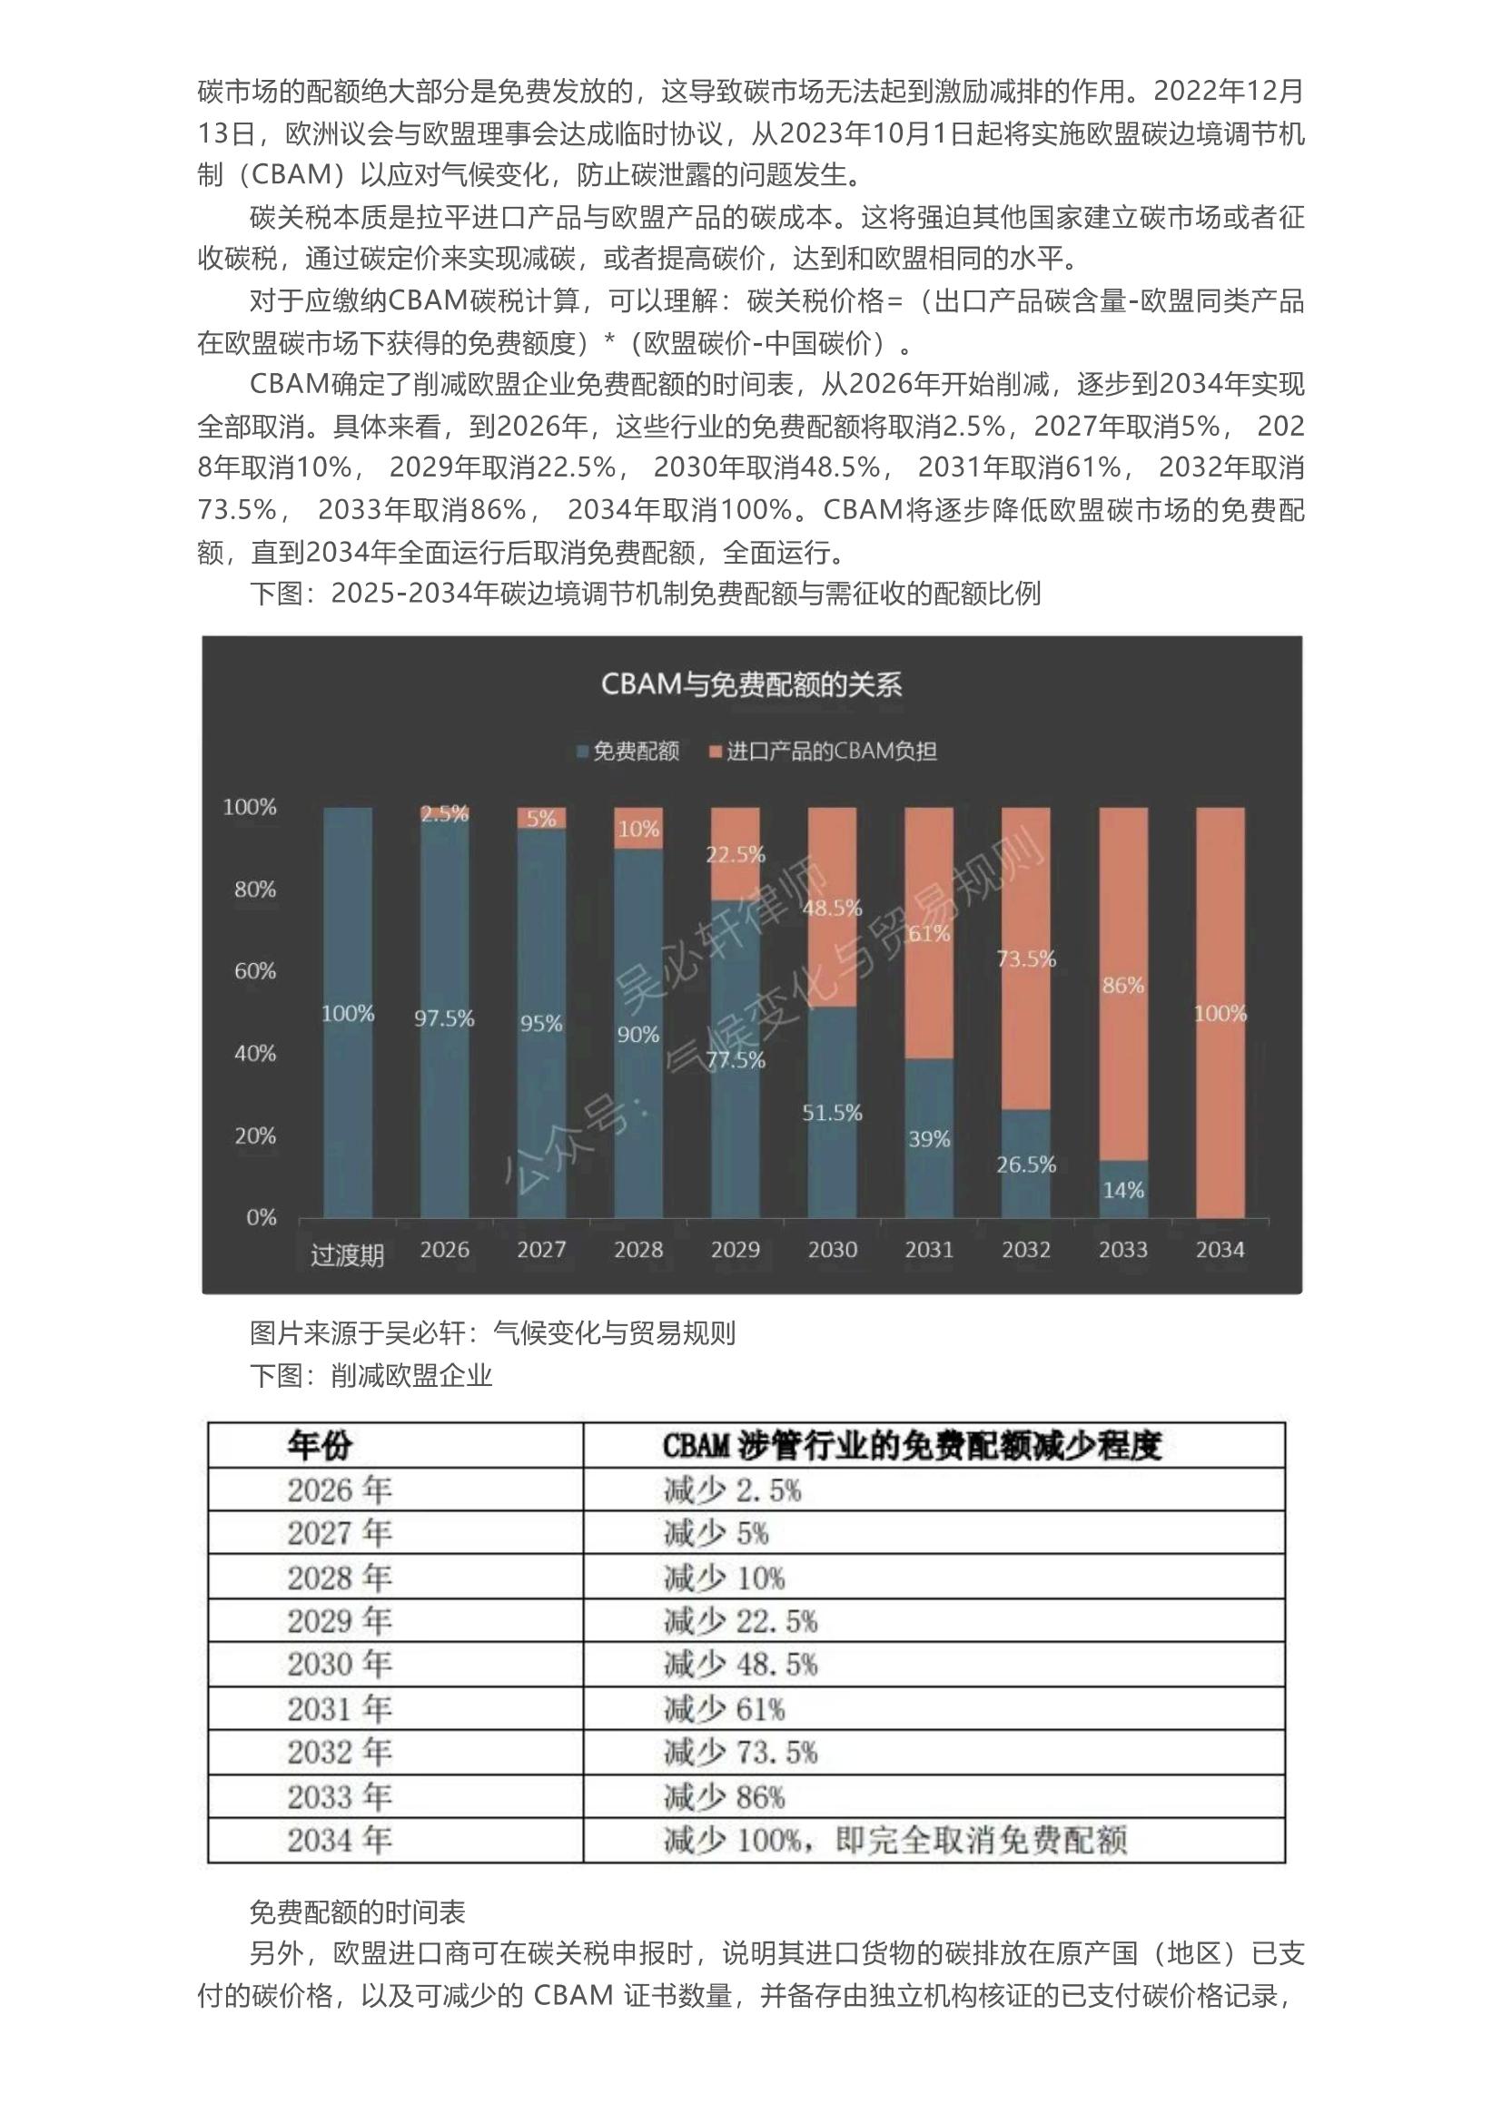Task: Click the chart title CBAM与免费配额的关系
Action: [x=751, y=685]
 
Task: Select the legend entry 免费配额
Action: [x=629, y=751]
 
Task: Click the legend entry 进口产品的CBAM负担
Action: [x=821, y=751]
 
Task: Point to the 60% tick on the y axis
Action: [x=255, y=971]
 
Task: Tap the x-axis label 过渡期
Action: [x=347, y=1254]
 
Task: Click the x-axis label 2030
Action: [x=833, y=1249]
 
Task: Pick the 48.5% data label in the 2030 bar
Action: [x=833, y=908]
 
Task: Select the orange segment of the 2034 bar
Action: [x=1220, y=1013]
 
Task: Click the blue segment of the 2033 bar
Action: [x=1122, y=1189]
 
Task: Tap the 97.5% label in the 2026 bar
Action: [x=444, y=1019]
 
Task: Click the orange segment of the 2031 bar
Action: [x=929, y=933]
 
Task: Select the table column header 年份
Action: [x=320, y=1444]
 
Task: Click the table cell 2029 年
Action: [x=340, y=1621]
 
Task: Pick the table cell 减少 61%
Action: [x=724, y=1709]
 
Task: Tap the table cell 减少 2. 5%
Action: [x=733, y=1489]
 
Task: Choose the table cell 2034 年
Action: [x=340, y=1840]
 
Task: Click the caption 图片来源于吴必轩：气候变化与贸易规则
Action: [x=492, y=1333]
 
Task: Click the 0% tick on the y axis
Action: [x=261, y=1218]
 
